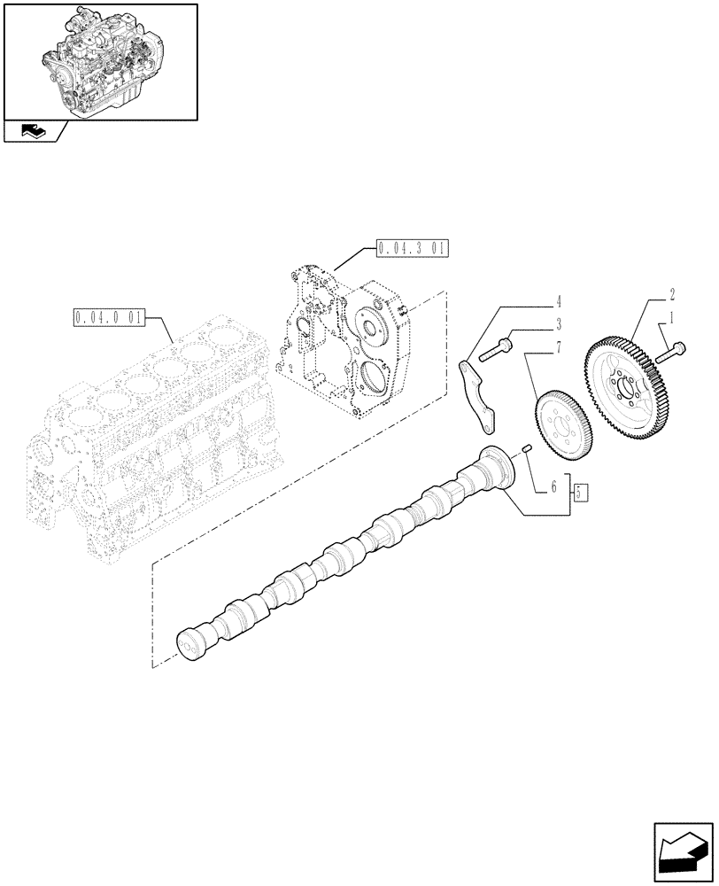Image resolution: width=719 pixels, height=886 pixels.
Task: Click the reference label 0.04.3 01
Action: pyautogui.click(x=412, y=247)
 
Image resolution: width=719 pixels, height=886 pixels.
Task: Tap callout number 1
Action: pyautogui.click(x=672, y=316)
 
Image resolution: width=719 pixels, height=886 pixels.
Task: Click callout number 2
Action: pyautogui.click(x=672, y=293)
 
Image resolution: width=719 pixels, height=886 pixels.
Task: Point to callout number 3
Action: pyautogui.click(x=558, y=324)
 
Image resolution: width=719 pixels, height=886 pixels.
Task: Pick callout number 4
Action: pyautogui.click(x=558, y=301)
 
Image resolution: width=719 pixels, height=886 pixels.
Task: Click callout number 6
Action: pyautogui.click(x=553, y=486)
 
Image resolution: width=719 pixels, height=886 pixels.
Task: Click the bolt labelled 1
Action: pyautogui.click(x=672, y=353)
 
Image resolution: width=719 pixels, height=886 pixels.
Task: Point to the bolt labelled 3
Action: pyautogui.click(x=499, y=350)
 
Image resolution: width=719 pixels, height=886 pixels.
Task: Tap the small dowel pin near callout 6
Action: pyautogui.click(x=525, y=450)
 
